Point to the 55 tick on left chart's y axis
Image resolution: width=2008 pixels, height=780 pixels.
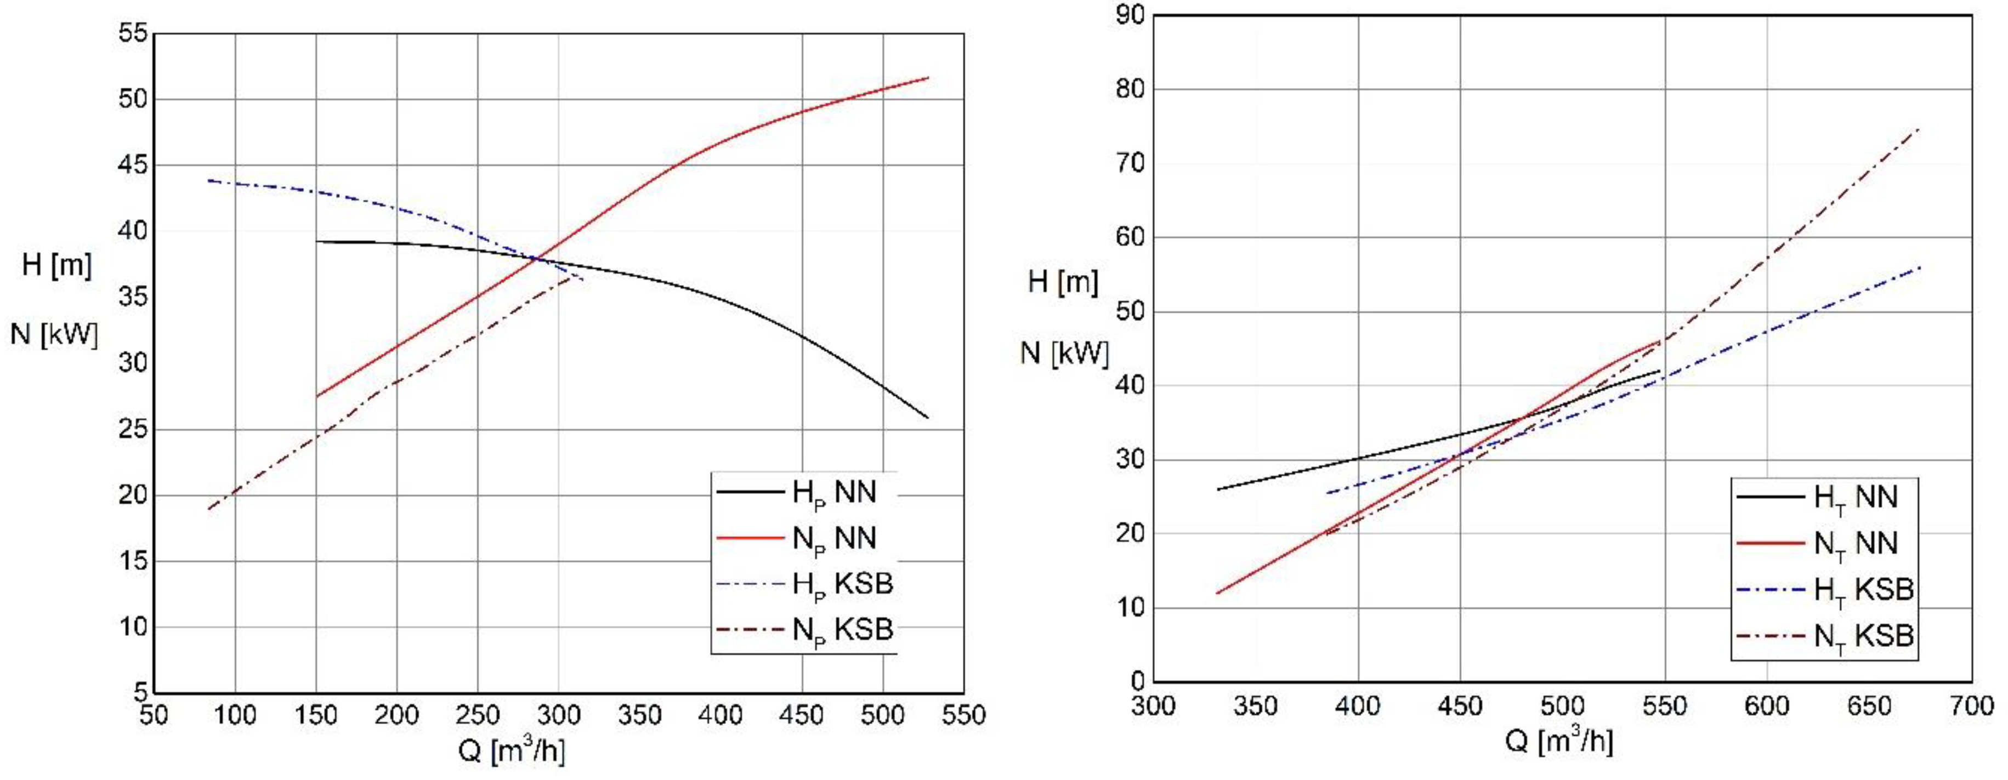coord(133,33)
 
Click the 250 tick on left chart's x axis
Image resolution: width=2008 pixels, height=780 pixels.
coord(477,715)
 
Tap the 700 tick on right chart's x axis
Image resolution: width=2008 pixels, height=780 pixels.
coord(1971,706)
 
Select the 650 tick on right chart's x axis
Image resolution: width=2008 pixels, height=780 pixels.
coord(1869,706)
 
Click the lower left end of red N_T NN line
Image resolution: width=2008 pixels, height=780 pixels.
coord(1218,593)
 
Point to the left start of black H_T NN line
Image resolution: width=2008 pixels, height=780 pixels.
coord(1218,489)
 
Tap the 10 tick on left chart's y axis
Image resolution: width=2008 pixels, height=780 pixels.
coord(133,627)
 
